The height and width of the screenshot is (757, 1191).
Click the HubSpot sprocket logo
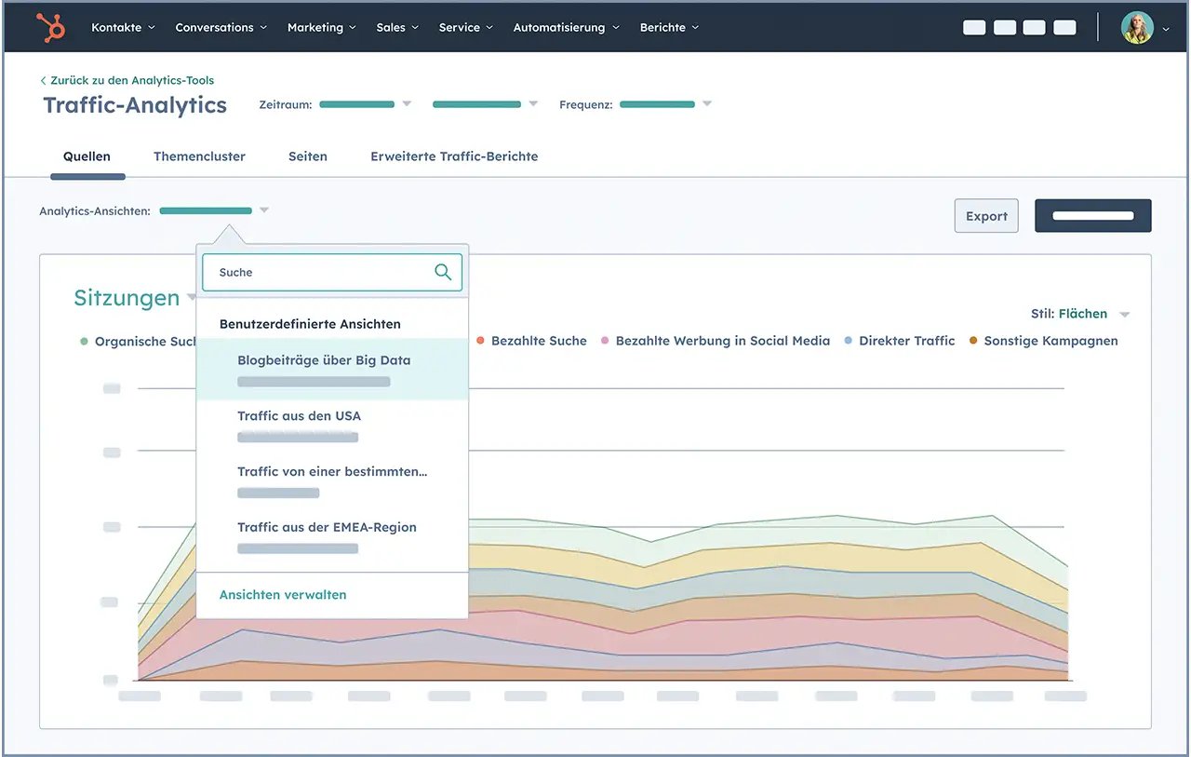50,28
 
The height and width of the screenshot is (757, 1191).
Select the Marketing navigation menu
321,28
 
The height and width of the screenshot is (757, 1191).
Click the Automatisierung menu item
566,28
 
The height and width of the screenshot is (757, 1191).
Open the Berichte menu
668,28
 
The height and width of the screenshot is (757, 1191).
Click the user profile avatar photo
1137,28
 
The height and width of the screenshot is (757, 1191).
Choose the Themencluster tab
199,156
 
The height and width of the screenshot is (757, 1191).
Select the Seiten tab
308,156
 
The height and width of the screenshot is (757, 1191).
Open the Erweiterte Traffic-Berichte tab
454,156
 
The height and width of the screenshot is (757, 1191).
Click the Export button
986,216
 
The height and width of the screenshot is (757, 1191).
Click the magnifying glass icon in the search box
443,272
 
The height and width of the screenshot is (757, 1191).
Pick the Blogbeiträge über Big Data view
324,360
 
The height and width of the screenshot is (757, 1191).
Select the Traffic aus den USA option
299,416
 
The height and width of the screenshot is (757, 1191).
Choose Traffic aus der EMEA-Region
327,527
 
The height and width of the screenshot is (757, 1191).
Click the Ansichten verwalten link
283,595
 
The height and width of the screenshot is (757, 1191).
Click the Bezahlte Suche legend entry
538,341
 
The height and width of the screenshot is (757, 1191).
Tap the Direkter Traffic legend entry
906,341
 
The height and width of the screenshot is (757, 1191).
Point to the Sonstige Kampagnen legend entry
1050,341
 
